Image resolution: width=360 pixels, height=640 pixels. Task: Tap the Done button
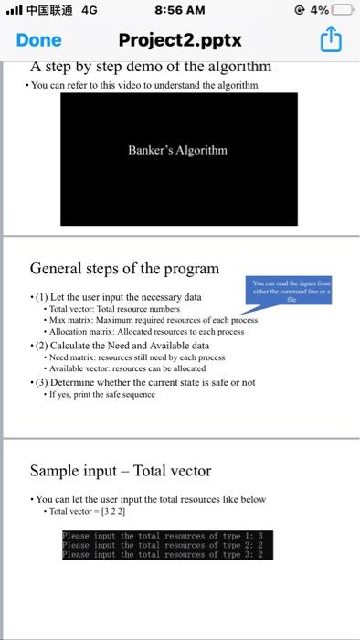pyautogui.click(x=38, y=40)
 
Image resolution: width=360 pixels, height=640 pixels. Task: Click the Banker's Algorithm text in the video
pyautogui.click(x=178, y=150)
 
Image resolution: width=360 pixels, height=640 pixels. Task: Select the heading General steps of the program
pyautogui.click(x=124, y=269)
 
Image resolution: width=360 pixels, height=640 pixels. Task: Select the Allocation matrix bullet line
pyautogui.click(x=146, y=333)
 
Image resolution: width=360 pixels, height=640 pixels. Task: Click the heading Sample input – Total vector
pyautogui.click(x=121, y=472)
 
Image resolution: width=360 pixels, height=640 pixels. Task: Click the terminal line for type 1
pyautogui.click(x=167, y=535)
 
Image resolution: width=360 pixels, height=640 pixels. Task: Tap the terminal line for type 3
pyautogui.click(x=167, y=554)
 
